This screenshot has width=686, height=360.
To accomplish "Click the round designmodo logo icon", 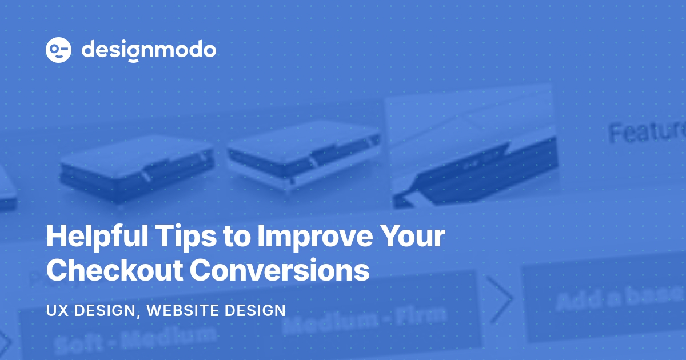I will click(58, 50).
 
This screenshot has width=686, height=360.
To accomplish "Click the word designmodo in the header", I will click(149, 50).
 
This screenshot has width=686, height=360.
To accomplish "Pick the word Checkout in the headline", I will click(114, 270).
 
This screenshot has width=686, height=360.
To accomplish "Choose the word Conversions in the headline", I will click(280, 270).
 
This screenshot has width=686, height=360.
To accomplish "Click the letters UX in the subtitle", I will click(56, 311).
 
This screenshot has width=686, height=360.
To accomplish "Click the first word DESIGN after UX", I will click(106, 311).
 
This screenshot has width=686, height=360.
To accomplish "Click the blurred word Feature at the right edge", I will click(646, 131).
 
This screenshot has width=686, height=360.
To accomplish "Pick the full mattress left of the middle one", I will click(137, 169).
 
